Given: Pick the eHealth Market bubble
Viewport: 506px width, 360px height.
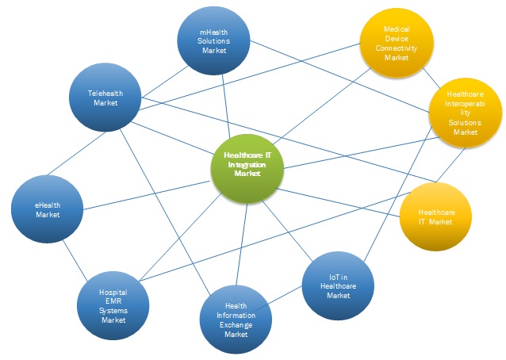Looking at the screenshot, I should click(47, 209).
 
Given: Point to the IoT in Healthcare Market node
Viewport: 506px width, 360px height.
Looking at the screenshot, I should click(339, 285).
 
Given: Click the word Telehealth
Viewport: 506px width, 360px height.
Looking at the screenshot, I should click(105, 93).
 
